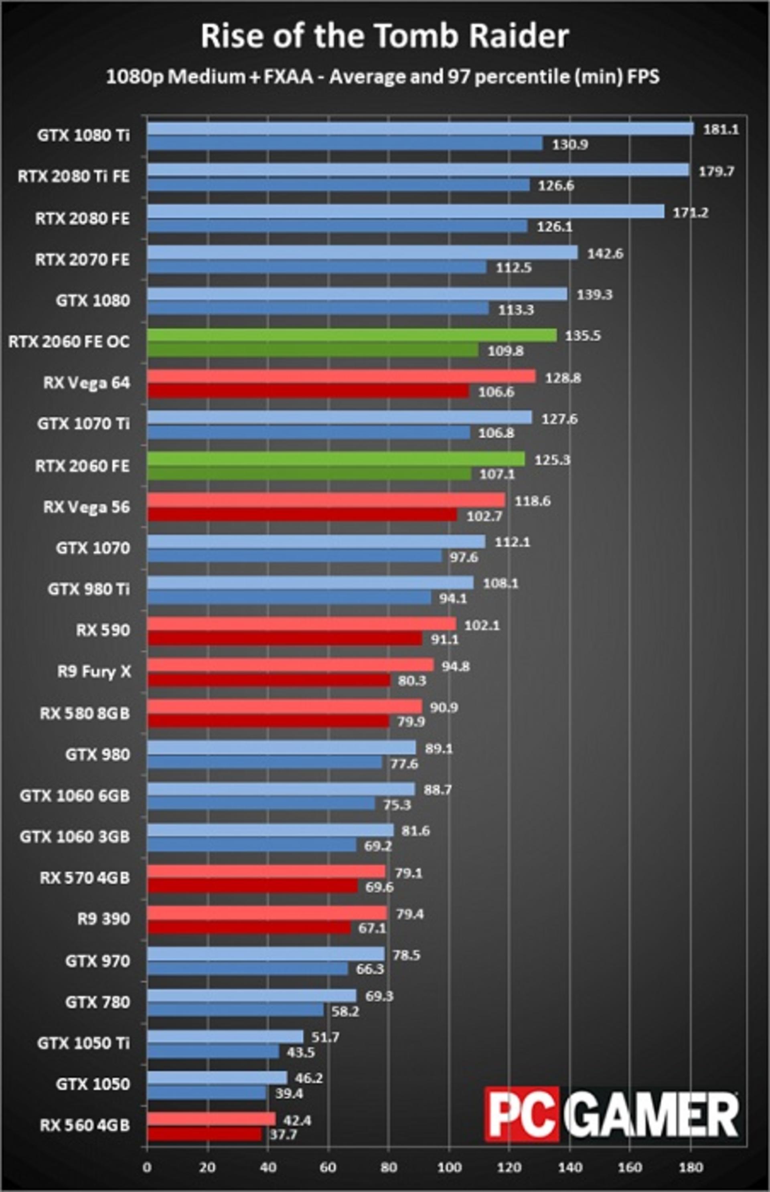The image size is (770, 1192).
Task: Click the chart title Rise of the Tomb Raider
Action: coord(385,36)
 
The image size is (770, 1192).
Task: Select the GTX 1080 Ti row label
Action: coord(83,136)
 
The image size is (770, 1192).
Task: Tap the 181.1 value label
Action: coord(721,130)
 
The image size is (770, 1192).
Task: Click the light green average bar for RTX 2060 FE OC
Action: coord(352,335)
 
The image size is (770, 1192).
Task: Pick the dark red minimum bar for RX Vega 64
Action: coord(308,391)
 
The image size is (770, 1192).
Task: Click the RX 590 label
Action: coord(103,630)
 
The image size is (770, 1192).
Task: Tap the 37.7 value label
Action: coord(284,1135)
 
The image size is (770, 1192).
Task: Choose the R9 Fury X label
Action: coord(94,671)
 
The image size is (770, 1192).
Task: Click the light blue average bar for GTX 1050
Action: coord(217,1078)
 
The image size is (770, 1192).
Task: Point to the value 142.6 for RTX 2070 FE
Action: coord(605,253)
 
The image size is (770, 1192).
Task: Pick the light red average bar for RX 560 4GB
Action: coord(211,1119)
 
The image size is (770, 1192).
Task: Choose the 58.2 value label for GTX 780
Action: coord(345,1011)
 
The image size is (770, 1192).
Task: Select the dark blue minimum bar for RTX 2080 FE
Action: coord(338,226)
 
